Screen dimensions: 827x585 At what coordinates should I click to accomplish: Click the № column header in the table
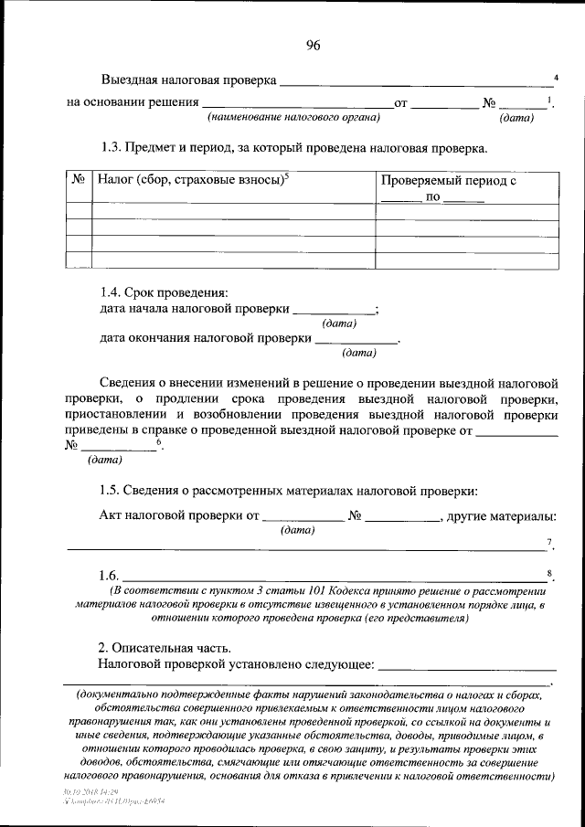click(79, 181)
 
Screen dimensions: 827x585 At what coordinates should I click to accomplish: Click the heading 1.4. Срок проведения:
click(163, 292)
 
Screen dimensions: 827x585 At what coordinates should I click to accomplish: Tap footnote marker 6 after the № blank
click(159, 442)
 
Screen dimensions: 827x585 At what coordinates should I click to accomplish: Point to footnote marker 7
click(550, 544)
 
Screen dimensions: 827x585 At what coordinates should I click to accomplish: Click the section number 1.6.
click(110, 576)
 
